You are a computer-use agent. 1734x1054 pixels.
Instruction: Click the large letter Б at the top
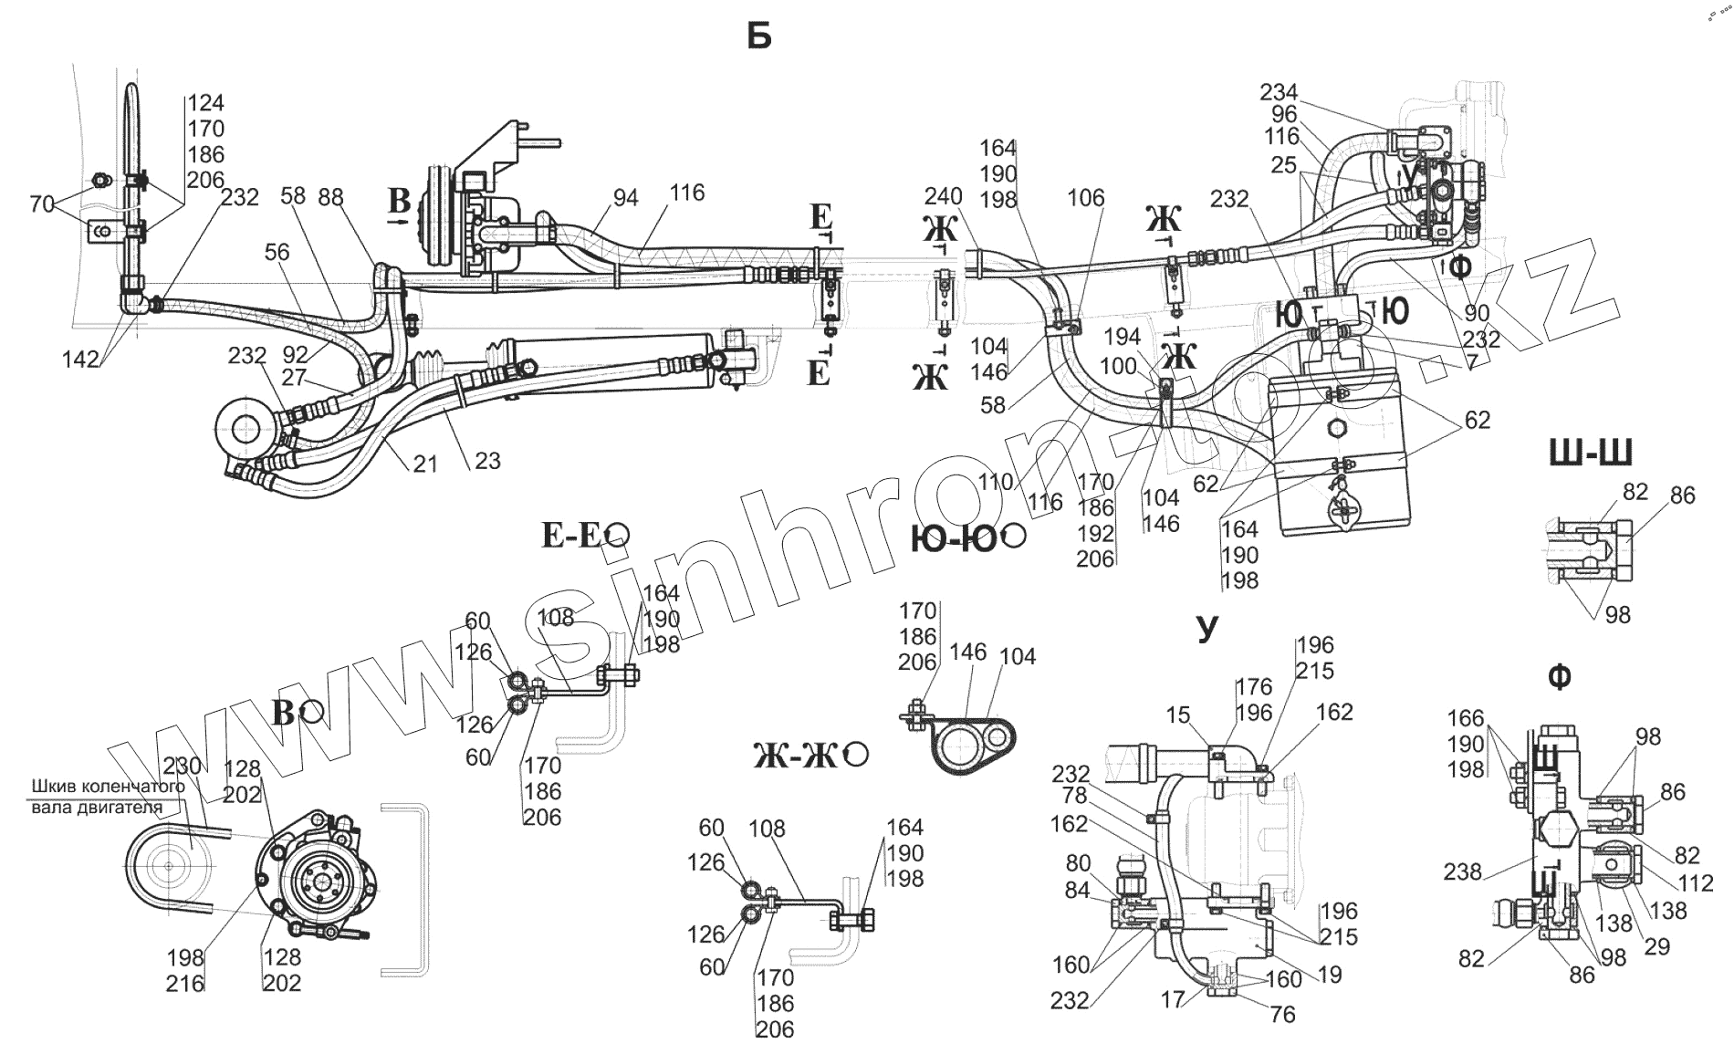(759, 37)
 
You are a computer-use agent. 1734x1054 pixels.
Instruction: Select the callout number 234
(1279, 92)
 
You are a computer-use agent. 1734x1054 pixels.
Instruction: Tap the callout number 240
(943, 198)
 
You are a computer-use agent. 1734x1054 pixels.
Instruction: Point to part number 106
(1085, 198)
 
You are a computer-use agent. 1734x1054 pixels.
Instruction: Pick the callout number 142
(80, 360)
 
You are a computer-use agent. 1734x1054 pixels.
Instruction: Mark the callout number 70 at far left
(42, 204)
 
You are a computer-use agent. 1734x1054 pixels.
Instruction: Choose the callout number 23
(487, 461)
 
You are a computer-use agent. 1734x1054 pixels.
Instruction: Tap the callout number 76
(1282, 1015)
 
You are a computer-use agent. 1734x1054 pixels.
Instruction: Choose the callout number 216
(185, 983)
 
